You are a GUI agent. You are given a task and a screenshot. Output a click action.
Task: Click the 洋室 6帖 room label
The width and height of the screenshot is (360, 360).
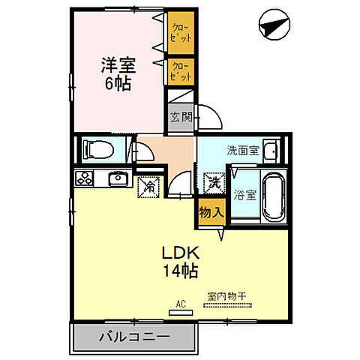(x=118, y=72)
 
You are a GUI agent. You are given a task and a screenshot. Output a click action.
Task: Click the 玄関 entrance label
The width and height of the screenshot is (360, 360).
(x=180, y=116)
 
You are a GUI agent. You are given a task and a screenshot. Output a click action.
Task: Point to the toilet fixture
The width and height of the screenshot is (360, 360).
(x=95, y=149)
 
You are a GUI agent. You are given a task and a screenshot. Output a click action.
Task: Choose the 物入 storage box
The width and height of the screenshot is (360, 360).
(x=211, y=212)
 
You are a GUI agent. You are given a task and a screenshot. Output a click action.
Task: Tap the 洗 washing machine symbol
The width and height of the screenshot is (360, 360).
(x=213, y=181)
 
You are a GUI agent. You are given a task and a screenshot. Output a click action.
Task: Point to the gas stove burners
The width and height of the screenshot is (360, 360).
(x=83, y=179)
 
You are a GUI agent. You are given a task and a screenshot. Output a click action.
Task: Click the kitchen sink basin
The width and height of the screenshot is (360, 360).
(x=118, y=179)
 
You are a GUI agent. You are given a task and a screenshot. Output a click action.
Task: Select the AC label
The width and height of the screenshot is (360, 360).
(x=180, y=304)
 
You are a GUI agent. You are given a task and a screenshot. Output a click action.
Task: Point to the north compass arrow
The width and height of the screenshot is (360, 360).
(x=271, y=27)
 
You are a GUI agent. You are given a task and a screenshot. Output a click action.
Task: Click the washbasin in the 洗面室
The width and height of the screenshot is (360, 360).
(x=271, y=150)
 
